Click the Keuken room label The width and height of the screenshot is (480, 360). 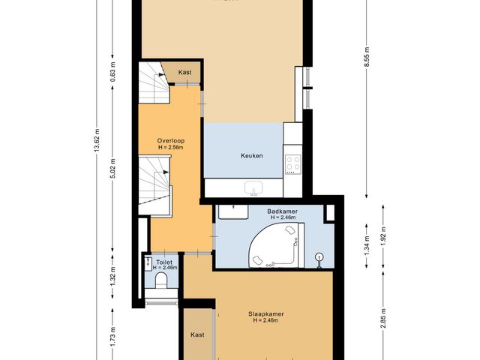[251, 156]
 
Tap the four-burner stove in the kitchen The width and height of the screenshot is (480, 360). [292, 163]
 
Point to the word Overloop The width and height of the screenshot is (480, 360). [171, 141]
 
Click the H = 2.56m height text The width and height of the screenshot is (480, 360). [171, 148]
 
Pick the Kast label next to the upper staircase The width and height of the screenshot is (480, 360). [184, 73]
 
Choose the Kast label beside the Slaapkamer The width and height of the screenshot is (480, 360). [197, 334]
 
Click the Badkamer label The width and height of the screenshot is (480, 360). [282, 212]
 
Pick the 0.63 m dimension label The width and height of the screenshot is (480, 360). [112, 75]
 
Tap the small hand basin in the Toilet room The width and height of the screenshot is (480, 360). [146, 263]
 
